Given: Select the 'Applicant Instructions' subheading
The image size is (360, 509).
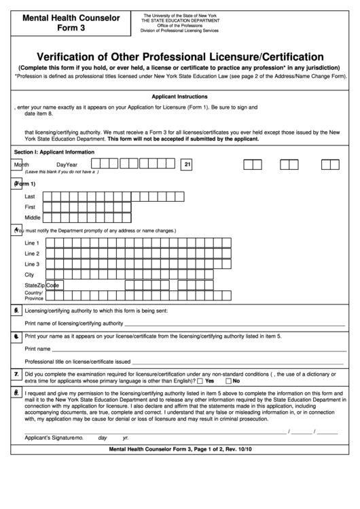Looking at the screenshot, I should tap(179, 97).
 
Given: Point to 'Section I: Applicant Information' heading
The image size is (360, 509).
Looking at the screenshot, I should tap(54, 152).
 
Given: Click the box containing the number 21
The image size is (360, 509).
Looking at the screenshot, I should tap(187, 164).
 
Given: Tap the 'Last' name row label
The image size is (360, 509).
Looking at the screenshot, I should tap(30, 196).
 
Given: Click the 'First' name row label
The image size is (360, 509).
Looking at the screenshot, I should tap(30, 207).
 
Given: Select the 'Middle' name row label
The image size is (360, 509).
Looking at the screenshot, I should tap(32, 217).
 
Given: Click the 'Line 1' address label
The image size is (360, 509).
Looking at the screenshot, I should tap(32, 243).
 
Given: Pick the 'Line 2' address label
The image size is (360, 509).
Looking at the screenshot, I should tap(32, 253).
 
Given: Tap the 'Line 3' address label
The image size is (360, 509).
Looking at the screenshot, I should tap(32, 264).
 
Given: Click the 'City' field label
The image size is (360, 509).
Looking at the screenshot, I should tap(29, 275).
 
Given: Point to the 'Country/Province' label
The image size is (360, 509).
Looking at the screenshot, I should tap(34, 296).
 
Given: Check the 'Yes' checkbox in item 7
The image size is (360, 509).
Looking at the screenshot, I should tap(200, 381).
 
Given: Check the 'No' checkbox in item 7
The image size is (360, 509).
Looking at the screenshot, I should tap(229, 381).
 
